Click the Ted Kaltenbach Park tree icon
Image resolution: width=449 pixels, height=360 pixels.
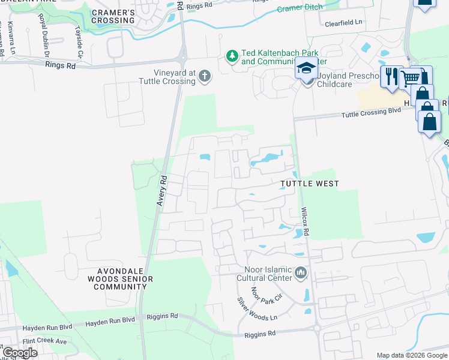tap(232, 56)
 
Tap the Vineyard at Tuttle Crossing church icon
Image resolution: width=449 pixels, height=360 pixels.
tap(205, 76)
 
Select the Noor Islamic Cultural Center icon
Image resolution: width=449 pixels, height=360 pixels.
tap(301, 274)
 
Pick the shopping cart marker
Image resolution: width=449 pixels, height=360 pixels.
tap(411, 78)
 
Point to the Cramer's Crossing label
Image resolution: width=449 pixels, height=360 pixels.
tap(113, 16)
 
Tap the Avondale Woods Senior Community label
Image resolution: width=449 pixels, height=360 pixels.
tap(120, 279)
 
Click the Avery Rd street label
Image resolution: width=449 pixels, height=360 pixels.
tap(161, 191)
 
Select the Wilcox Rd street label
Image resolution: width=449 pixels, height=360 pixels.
tap(305, 222)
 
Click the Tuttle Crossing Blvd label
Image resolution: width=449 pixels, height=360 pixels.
tap(371, 113)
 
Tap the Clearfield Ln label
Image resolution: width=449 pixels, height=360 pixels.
tap(343, 22)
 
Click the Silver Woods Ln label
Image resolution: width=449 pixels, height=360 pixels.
tap(257, 308)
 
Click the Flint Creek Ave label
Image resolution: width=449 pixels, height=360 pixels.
tap(45, 341)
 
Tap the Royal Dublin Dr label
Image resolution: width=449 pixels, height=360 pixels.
tap(44, 36)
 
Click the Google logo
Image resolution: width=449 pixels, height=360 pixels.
tap(20, 353)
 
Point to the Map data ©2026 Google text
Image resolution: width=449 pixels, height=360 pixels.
tap(412, 355)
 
